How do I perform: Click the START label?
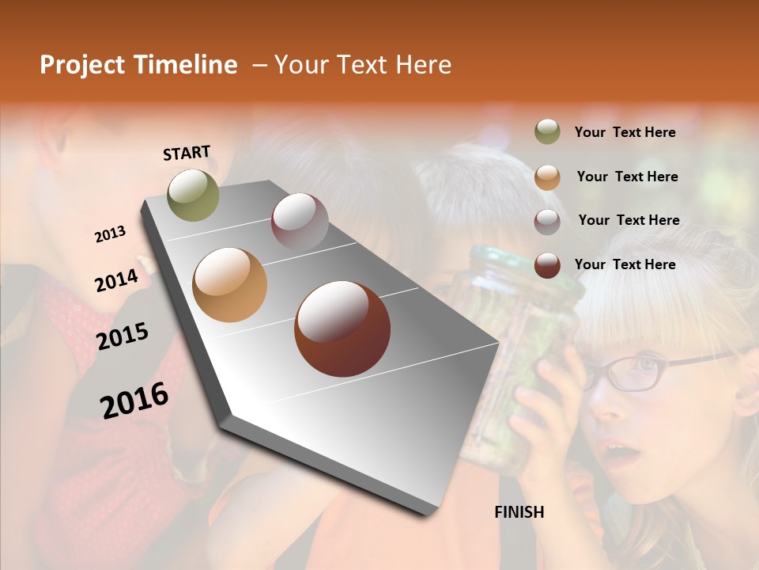(x=187, y=153)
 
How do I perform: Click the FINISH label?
(x=519, y=512)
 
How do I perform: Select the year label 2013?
(x=110, y=234)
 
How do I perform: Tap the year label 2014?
(x=116, y=280)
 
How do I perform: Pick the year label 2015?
(x=122, y=336)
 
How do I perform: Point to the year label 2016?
(x=134, y=400)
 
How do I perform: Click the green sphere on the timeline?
(x=193, y=195)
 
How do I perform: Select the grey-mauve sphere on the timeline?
(x=300, y=222)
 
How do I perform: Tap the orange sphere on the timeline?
(x=230, y=285)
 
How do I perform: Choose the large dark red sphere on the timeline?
(x=342, y=329)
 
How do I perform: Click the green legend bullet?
(x=547, y=132)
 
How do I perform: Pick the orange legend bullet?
(x=547, y=177)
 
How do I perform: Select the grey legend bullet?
(x=547, y=221)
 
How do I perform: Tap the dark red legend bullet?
(x=547, y=265)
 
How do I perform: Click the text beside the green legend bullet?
(x=625, y=132)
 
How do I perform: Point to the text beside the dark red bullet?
(x=625, y=264)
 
